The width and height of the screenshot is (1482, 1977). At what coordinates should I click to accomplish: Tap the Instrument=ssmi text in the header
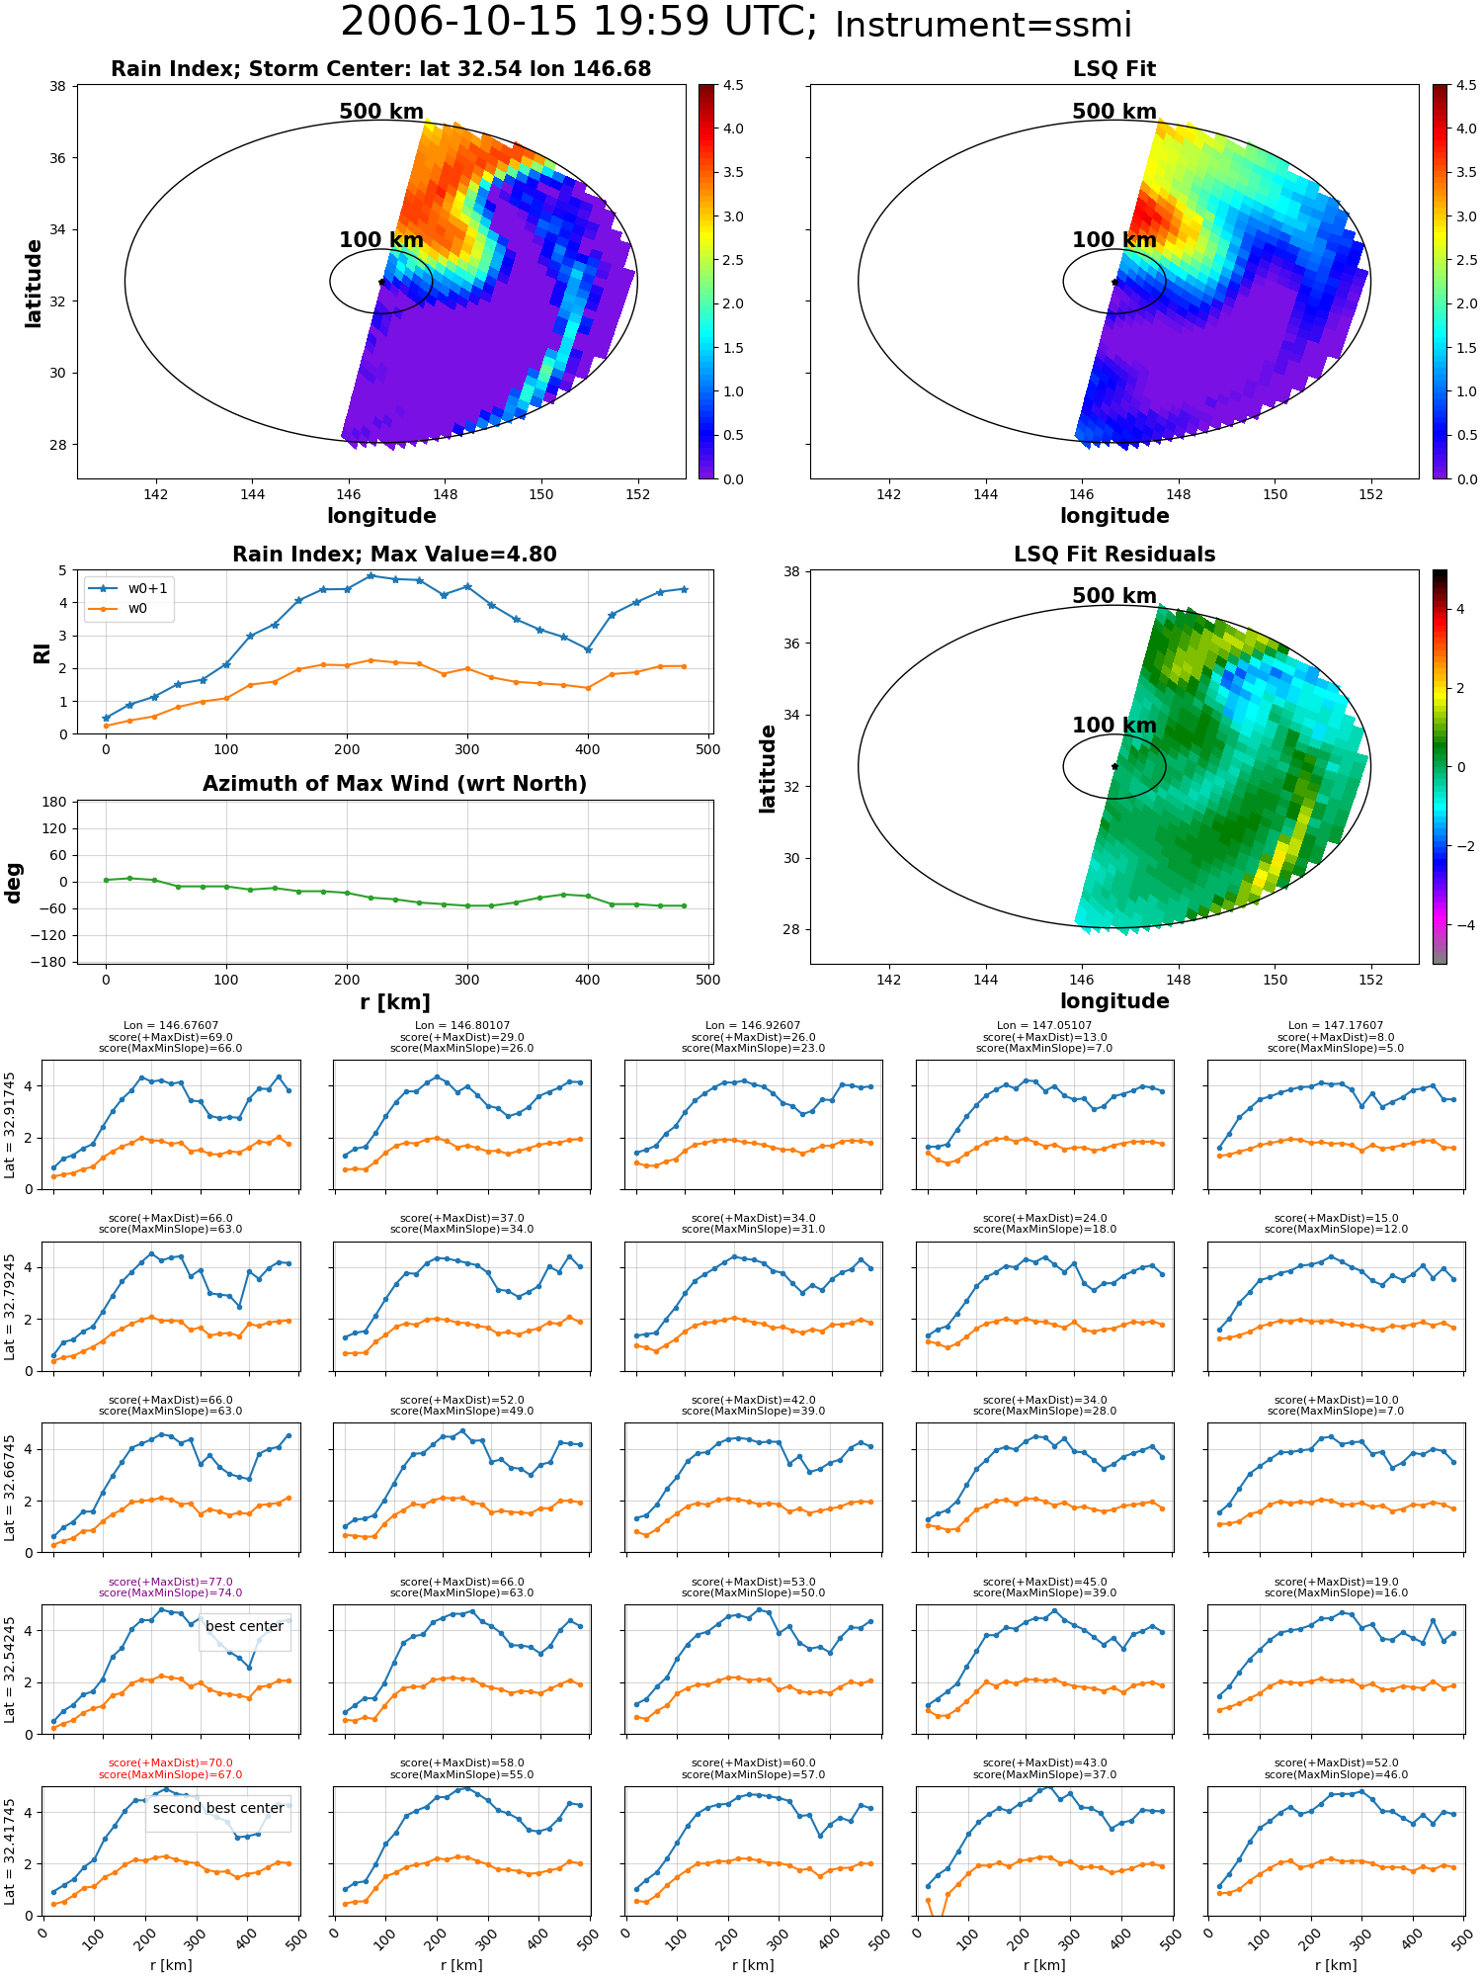point(983,25)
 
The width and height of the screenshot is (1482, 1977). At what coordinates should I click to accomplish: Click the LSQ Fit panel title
point(1114,69)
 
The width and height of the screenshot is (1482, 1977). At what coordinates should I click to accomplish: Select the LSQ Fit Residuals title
point(1114,555)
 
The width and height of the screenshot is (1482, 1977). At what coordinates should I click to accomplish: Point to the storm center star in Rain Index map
point(381,282)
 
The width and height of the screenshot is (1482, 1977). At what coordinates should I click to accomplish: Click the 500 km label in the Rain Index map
point(381,112)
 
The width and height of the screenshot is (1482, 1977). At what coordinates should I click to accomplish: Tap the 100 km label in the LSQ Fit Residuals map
point(1114,726)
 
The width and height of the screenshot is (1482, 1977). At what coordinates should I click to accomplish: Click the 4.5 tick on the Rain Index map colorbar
point(733,85)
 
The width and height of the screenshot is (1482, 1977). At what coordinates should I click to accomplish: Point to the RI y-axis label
point(41,652)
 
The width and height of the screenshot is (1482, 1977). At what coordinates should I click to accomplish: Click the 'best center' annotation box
point(245,1626)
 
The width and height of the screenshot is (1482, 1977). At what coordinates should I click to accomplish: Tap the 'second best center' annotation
point(218,1808)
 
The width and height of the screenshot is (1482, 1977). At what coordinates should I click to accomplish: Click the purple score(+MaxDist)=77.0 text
point(171,1582)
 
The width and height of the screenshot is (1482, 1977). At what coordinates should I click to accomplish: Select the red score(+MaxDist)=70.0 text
point(171,1762)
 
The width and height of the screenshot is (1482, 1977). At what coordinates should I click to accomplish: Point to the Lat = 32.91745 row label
point(10,1125)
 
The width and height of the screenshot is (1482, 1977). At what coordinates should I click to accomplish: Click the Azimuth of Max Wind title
point(395,784)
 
